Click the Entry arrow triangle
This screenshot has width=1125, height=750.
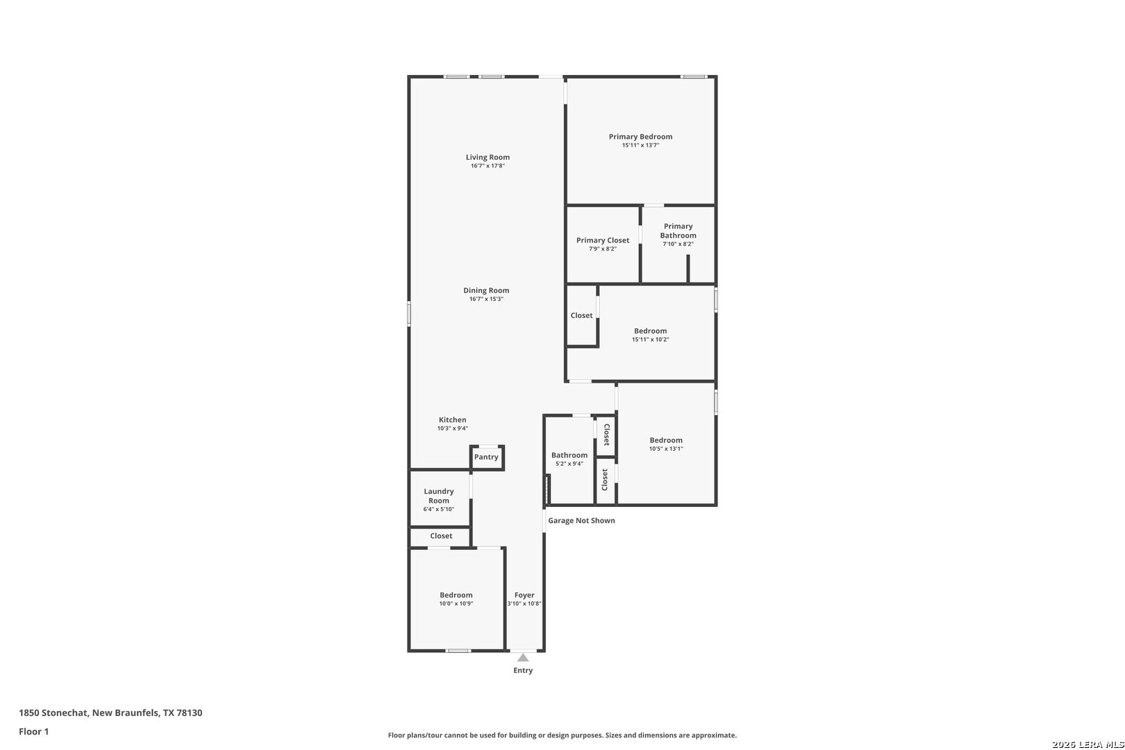pos(523,657)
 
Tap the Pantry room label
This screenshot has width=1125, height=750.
pos(486,457)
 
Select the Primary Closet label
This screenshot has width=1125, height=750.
pos(603,240)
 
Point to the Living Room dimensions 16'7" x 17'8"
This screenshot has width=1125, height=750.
pos(487,166)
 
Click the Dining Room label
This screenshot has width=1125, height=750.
pos(486,290)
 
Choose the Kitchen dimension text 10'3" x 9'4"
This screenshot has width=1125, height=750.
pos(453,428)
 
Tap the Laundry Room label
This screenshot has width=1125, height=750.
pos(439,496)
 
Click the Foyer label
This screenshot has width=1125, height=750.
pos(524,594)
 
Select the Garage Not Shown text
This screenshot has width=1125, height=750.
pos(581,520)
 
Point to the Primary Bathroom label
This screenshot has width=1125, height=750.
pos(678,231)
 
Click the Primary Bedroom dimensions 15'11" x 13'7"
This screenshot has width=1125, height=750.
pos(640,145)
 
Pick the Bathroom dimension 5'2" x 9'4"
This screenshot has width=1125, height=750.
pos(569,464)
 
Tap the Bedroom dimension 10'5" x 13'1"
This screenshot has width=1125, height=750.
pos(666,449)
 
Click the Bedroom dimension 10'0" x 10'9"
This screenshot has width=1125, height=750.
pos(456,603)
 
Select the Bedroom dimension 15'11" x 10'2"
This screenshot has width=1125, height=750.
pos(651,339)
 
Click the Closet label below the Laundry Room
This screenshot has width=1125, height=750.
pos(441,535)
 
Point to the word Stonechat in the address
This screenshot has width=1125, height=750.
pos(65,712)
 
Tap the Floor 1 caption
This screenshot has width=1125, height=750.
pos(33,731)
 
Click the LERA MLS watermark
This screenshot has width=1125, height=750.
pos(1087,744)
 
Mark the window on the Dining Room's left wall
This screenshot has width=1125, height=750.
pos(409,314)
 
